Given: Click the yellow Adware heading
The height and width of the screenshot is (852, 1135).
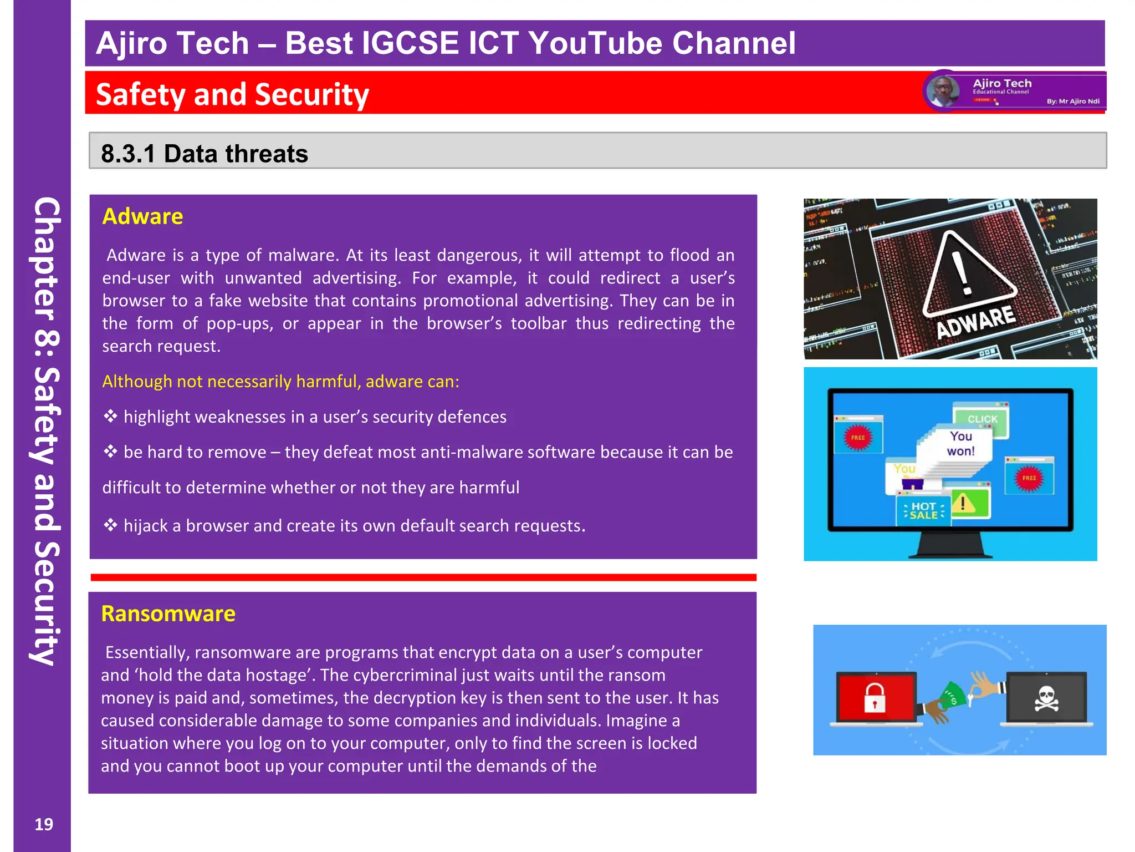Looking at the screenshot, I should coord(142,216).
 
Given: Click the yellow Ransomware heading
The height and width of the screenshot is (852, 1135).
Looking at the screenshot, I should coord(168,614).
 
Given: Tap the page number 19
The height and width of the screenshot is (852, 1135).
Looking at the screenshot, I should coord(44,825).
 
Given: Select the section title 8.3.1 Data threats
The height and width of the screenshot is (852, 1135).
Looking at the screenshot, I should coord(204,154).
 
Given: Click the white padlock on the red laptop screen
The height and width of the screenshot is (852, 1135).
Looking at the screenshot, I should coord(875,697).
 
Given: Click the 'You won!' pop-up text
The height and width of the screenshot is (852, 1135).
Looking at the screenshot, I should coord(960,444).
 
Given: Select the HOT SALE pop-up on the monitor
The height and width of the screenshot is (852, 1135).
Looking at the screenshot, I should coord(923,510).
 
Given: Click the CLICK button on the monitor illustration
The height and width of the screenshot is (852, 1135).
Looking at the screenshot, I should coord(982,419).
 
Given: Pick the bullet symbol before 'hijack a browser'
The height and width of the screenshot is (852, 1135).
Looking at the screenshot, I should coord(110,525).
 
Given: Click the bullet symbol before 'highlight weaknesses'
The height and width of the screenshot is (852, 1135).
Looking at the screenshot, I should coord(110,416).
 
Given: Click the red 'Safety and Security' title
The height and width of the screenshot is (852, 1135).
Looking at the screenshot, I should coord(232,94).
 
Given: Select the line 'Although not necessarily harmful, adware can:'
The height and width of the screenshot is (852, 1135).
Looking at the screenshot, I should coord(280,382).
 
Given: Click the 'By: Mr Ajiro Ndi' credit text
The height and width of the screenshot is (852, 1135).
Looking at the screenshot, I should coord(1073,102).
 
